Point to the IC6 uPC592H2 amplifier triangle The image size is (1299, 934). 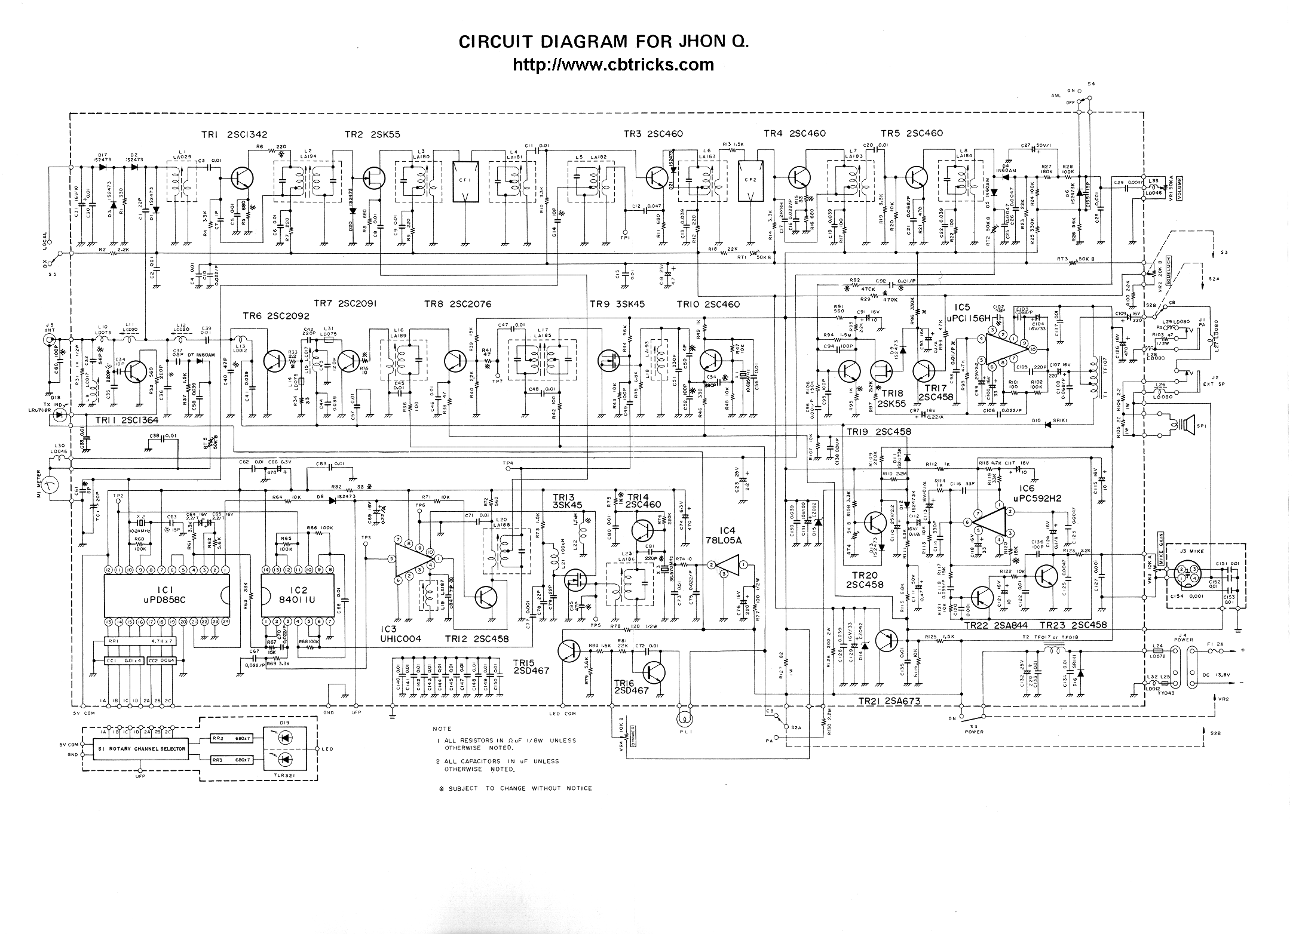989,522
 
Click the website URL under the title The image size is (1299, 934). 613,64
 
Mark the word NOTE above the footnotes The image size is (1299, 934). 443,729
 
